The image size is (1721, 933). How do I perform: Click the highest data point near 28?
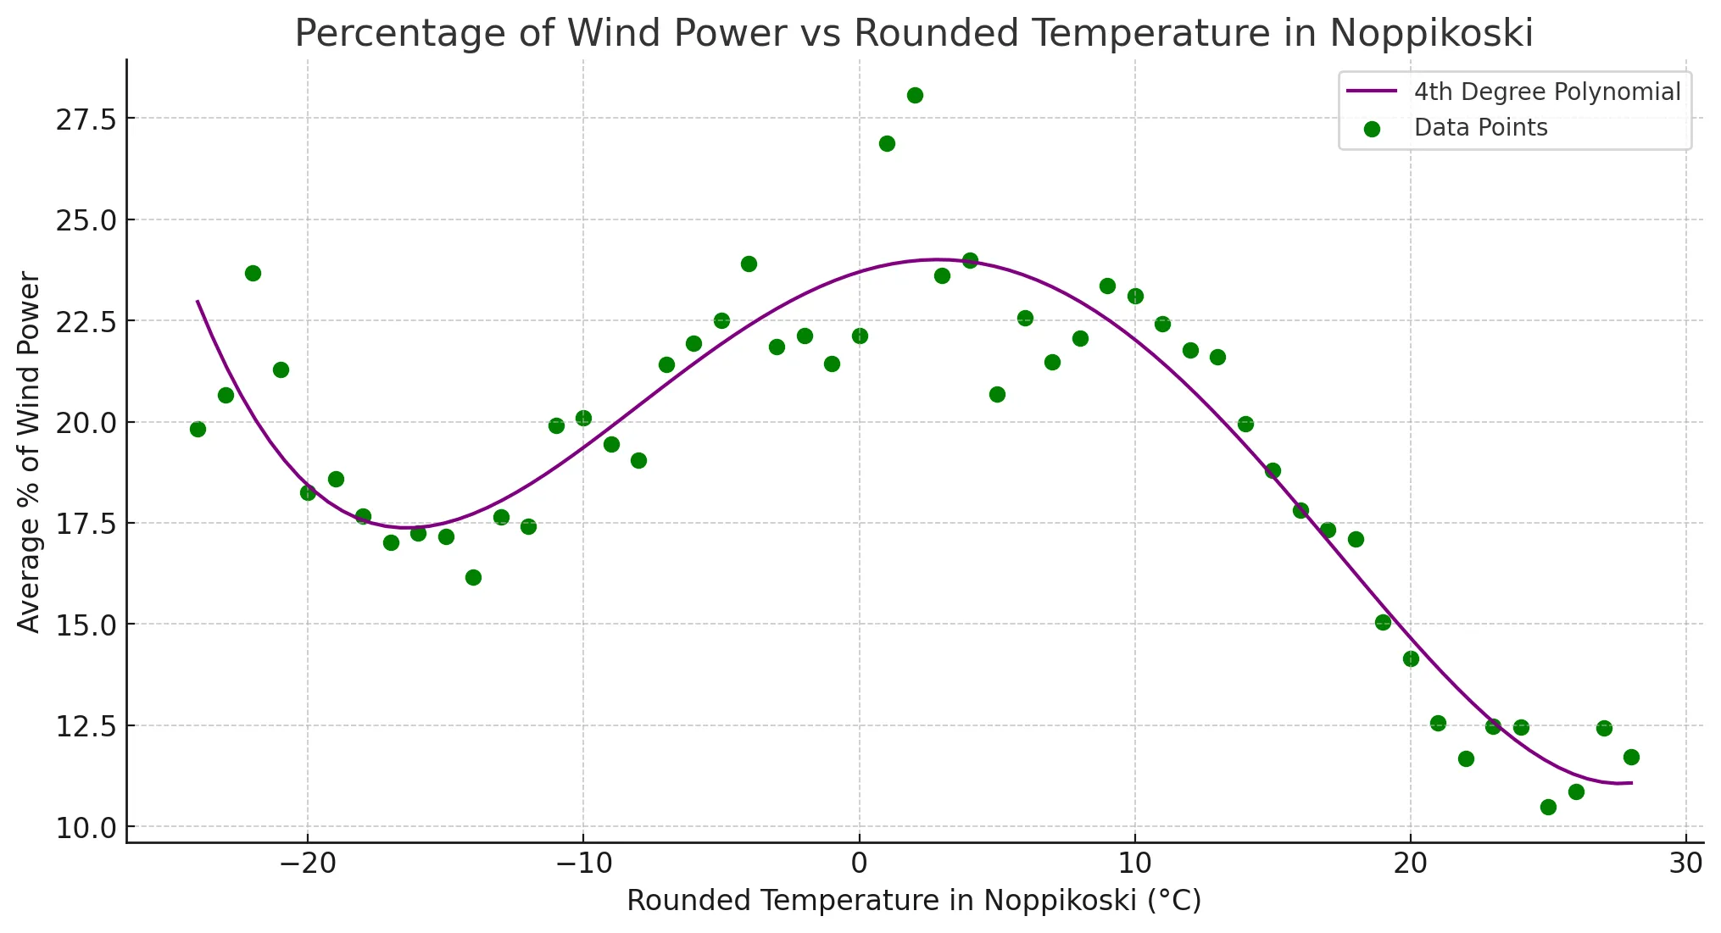(x=915, y=95)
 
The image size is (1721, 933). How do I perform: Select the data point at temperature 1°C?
(x=887, y=143)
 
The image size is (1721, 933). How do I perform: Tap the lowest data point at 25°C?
(x=1548, y=807)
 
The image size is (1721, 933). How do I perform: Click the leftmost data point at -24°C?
(x=198, y=429)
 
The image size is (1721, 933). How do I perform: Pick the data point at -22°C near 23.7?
(x=253, y=273)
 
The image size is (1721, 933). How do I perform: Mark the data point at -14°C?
(x=473, y=577)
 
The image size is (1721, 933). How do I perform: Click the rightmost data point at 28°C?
(x=1631, y=757)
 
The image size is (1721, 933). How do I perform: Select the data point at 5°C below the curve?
(x=997, y=394)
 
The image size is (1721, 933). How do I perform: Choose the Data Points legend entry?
(x=1480, y=128)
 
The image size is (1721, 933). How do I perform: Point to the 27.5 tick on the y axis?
(x=86, y=119)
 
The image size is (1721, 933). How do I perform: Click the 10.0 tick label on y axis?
(x=86, y=828)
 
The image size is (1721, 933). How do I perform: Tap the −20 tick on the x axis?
(x=308, y=864)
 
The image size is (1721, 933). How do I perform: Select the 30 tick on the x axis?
(x=1685, y=864)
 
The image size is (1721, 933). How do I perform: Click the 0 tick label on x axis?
(x=859, y=864)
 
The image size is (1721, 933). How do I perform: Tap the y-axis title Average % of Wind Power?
(x=29, y=452)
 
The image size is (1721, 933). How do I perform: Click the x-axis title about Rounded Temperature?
(x=913, y=901)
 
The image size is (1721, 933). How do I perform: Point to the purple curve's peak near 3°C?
(x=937, y=259)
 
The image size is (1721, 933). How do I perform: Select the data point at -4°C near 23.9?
(x=749, y=264)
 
